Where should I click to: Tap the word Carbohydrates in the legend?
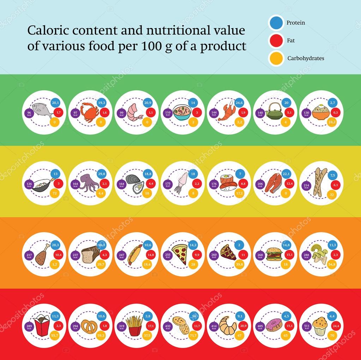(306, 59)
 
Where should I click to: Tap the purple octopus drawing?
(88, 183)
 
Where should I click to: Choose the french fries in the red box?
(134, 325)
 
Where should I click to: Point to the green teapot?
(274, 112)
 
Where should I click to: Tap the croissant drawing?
(228, 325)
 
